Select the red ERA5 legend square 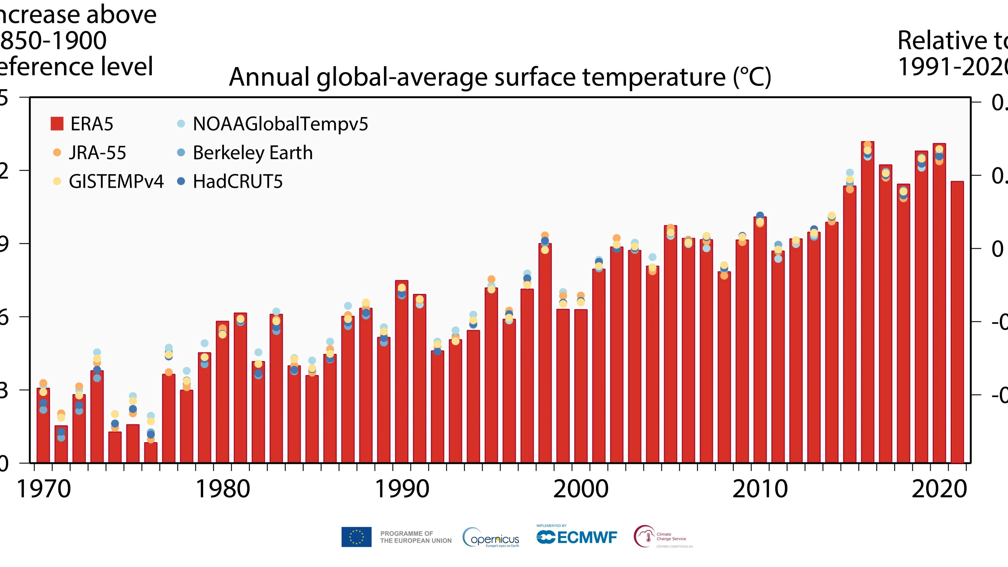tap(57, 124)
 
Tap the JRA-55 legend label tap(97, 152)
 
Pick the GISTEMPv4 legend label tap(116, 181)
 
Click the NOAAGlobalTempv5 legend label tap(280, 124)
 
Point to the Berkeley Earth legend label tap(253, 152)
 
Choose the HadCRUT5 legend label tap(238, 181)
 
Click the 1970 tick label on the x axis tap(43, 489)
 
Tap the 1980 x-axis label tap(223, 489)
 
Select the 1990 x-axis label tap(402, 489)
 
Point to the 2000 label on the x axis tap(581, 489)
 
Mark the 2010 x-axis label tap(760, 489)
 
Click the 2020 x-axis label tap(939, 489)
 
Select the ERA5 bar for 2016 tap(868, 313)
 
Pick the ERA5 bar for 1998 tap(545, 352)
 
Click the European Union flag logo tap(356, 537)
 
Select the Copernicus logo tap(491, 538)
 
